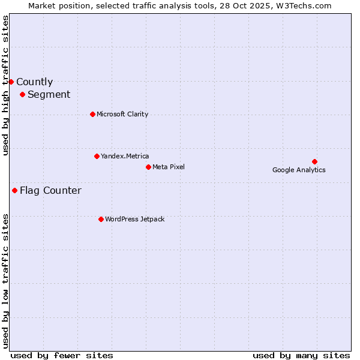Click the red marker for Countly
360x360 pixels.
pyautogui.click(x=11, y=82)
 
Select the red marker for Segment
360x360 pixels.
pyautogui.click(x=22, y=94)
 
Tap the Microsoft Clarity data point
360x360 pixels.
pyautogui.click(x=92, y=114)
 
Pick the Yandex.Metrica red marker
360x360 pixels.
pyautogui.click(x=97, y=156)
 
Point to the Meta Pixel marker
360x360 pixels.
pyautogui.click(x=148, y=167)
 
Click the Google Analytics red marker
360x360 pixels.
pyautogui.click(x=314, y=161)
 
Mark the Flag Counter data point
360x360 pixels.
pyautogui.click(x=14, y=190)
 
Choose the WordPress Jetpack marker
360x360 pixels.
pyautogui.click(x=101, y=219)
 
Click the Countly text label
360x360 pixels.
pyautogui.click(x=34, y=82)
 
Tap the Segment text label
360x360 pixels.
pyautogui.click(x=49, y=95)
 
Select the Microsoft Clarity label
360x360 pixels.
pyautogui.click(x=122, y=115)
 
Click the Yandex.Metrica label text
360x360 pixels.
pyautogui.click(x=125, y=157)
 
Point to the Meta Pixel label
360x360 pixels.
pyautogui.click(x=169, y=167)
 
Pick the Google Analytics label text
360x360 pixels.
pyautogui.click(x=299, y=170)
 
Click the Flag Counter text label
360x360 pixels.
pyautogui.click(x=50, y=191)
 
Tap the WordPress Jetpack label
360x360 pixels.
pyautogui.click(x=134, y=220)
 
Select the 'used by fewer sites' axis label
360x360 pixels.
pyautogui.click(x=62, y=355)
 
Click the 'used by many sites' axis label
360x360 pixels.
pyautogui.click(x=301, y=355)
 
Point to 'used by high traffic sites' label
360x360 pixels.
pyautogui.click(x=5, y=85)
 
